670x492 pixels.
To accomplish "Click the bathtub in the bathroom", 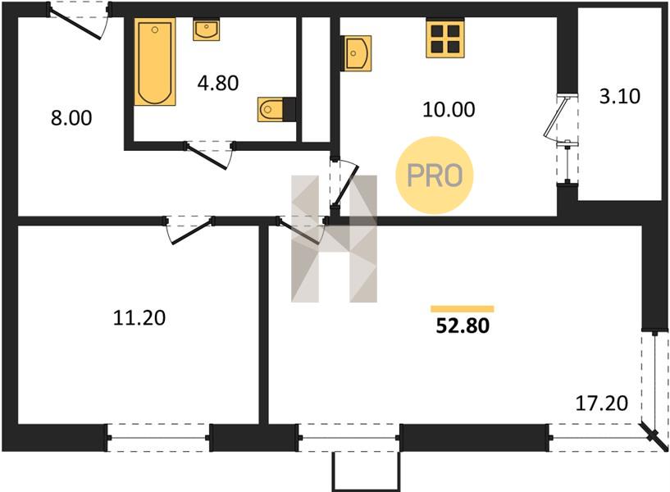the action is pyautogui.click(x=155, y=61).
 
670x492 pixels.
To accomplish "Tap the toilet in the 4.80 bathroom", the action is pyautogui.click(x=271, y=109).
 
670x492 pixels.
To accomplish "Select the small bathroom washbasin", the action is pyautogui.click(x=207, y=30).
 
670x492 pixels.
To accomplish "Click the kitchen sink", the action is pyautogui.click(x=357, y=53).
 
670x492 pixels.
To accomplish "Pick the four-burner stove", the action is pyautogui.click(x=444, y=39).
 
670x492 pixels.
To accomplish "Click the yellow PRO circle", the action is pyautogui.click(x=435, y=175).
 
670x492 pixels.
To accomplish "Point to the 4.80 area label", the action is pyautogui.click(x=218, y=83).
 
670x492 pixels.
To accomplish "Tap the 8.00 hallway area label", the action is pyautogui.click(x=71, y=118).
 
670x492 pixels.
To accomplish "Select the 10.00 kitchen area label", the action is pyautogui.click(x=449, y=109).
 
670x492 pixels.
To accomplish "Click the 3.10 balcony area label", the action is pyautogui.click(x=620, y=96).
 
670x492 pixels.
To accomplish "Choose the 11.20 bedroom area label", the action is pyautogui.click(x=139, y=318).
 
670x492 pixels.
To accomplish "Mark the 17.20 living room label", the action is pyautogui.click(x=602, y=403).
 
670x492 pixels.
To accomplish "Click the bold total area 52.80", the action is pyautogui.click(x=463, y=326).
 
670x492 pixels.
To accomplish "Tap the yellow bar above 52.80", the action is pyautogui.click(x=463, y=309).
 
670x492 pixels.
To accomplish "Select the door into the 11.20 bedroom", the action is pyautogui.click(x=189, y=230).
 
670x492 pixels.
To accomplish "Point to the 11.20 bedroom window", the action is pyautogui.click(x=158, y=438).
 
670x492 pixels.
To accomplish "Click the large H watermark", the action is pyautogui.click(x=334, y=239).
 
